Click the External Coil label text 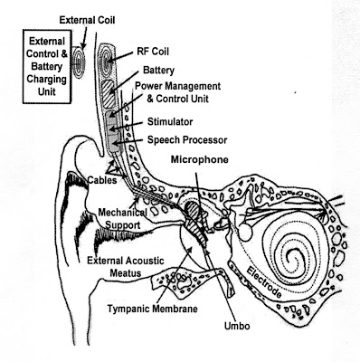point(87,20)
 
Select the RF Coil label point(153,52)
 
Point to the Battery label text point(158,71)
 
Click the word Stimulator point(170,122)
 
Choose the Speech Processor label point(187,140)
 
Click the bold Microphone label point(200,159)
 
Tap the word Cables point(102,180)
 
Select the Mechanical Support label point(123,219)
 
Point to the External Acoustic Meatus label point(126,267)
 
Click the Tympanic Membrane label point(153,309)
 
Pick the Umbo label point(237,326)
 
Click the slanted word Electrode point(264,282)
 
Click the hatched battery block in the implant point(109,95)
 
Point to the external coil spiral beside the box point(78,62)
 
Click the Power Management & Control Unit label point(177,92)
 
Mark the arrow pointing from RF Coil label point(120,57)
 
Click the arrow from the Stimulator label point(126,126)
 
